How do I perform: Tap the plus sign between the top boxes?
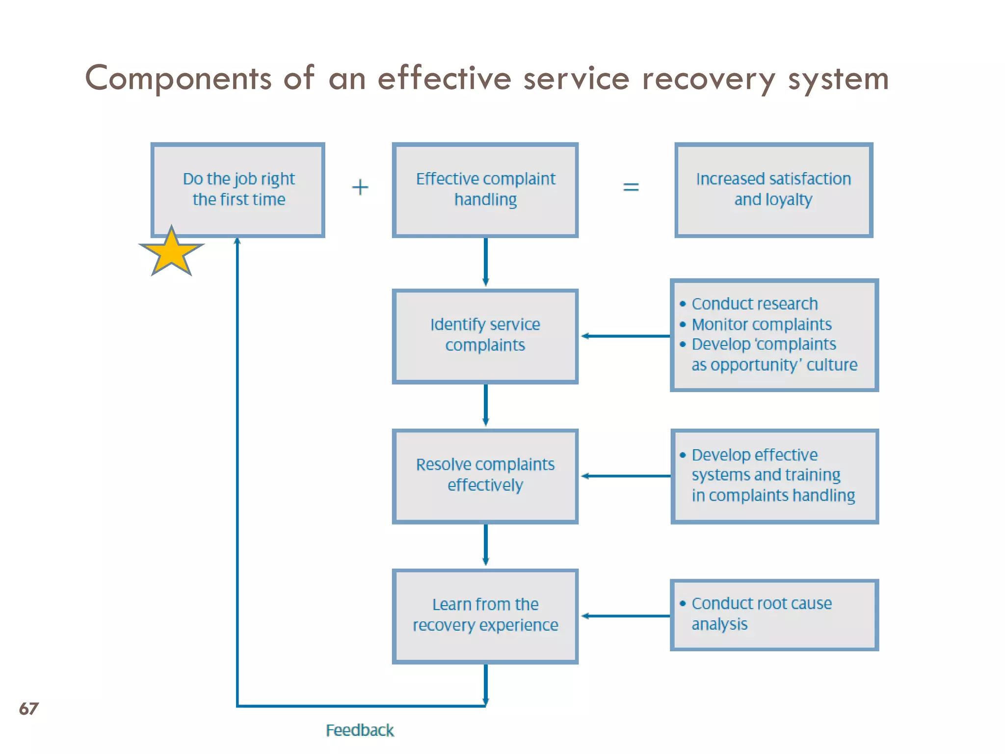click(360, 188)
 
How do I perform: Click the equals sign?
click(631, 187)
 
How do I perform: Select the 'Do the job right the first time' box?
click(238, 190)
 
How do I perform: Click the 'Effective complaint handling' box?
click(485, 190)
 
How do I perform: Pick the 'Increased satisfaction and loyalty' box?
click(773, 190)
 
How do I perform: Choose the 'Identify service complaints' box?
click(485, 336)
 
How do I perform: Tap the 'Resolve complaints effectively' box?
click(485, 476)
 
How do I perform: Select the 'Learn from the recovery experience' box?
click(485, 616)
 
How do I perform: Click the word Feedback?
click(360, 730)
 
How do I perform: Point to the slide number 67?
click(28, 709)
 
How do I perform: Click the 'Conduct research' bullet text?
click(754, 304)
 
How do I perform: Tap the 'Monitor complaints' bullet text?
click(761, 324)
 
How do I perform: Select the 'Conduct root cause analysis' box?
click(774, 615)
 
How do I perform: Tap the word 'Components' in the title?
click(178, 79)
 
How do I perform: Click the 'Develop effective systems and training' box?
click(774, 476)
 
